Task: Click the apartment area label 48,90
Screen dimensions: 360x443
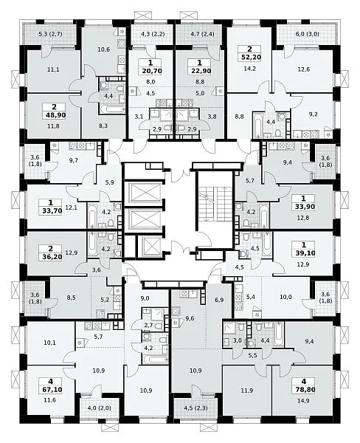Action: [54, 115]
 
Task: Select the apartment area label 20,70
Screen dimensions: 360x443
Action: [150, 71]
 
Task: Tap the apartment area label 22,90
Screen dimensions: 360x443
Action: [200, 71]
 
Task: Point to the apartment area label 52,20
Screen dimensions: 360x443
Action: [249, 58]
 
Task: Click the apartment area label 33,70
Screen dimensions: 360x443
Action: [51, 210]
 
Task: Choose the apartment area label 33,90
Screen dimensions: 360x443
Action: [303, 207]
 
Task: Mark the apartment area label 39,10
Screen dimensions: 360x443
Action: [304, 253]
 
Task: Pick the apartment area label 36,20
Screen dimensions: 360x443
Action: [51, 257]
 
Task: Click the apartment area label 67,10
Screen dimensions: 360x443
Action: [51, 390]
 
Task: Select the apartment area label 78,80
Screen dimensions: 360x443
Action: [304, 390]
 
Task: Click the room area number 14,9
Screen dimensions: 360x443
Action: [303, 401]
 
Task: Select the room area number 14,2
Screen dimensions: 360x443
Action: [249, 69]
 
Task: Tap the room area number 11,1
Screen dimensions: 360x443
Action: [53, 69]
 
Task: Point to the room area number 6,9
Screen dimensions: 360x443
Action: [219, 300]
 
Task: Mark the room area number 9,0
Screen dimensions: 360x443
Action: [145, 298]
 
